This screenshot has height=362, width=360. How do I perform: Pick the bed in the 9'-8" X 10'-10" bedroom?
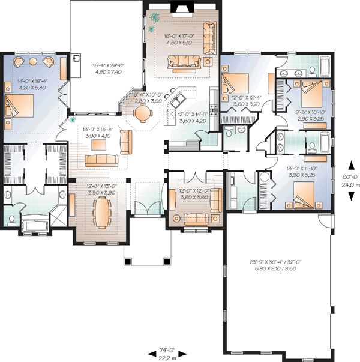pos(312,90)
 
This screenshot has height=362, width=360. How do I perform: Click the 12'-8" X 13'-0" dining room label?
pos(99,190)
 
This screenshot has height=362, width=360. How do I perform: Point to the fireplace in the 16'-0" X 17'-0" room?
pos(179,8)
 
